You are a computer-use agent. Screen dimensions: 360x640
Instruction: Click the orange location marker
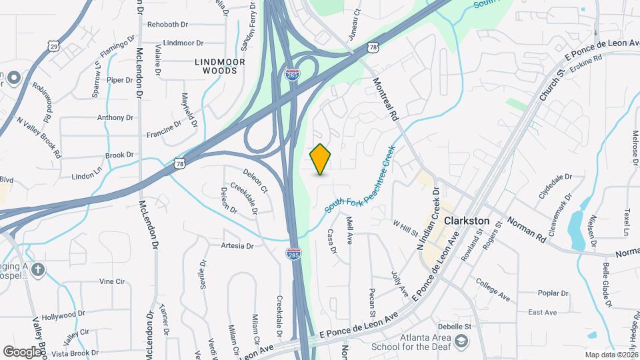point(321,159)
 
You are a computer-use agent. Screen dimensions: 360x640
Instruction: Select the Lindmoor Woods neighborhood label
point(220,65)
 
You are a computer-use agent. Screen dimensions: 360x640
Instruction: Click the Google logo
point(22,351)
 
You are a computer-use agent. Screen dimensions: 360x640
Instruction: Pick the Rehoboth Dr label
point(167,24)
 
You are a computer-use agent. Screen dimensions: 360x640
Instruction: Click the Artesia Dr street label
point(237,246)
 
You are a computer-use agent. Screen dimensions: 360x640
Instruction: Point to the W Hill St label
point(405,228)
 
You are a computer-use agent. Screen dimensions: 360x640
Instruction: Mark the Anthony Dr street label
point(115,117)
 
